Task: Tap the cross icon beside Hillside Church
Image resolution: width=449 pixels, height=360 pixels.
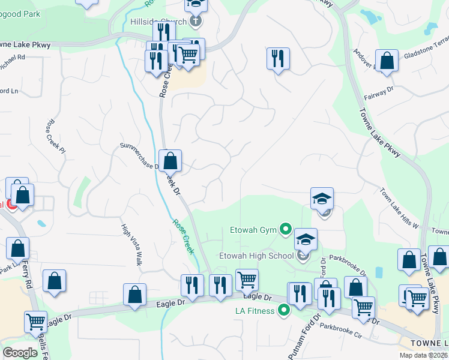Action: pyautogui.click(x=195, y=22)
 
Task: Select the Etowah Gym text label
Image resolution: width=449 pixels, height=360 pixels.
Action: pyautogui.click(x=255, y=229)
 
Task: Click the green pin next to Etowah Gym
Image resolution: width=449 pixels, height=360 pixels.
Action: pyautogui.click(x=286, y=229)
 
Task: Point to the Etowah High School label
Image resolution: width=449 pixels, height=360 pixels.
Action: pyautogui.click(x=256, y=256)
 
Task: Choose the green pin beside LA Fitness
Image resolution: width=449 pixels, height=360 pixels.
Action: pyautogui.click(x=284, y=310)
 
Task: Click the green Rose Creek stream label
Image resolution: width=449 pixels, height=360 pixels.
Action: pyautogui.click(x=183, y=236)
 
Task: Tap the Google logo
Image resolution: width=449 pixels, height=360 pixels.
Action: pyautogui.click(x=20, y=353)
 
